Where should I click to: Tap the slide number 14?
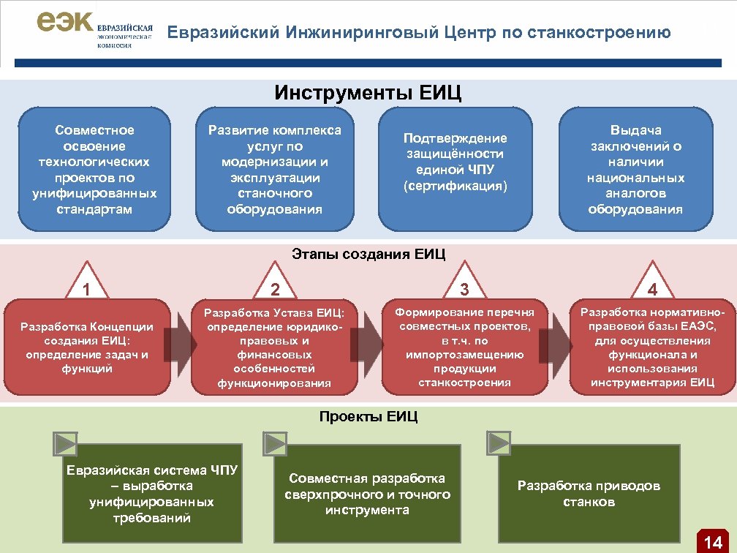712,541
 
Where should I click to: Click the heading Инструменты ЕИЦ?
368,94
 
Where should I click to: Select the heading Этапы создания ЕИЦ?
368,255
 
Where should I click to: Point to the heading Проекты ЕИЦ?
368,417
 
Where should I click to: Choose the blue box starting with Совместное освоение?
94,170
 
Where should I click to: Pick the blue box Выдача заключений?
635,170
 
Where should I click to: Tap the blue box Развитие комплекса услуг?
274,170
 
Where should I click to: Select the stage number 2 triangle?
274,286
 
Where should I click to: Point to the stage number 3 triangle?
464,286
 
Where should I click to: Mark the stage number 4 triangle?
652,286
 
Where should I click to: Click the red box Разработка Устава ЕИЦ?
274,347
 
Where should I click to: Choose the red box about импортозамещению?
464,347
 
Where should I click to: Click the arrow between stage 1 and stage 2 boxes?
178,346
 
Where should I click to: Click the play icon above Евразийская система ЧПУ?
65,443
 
